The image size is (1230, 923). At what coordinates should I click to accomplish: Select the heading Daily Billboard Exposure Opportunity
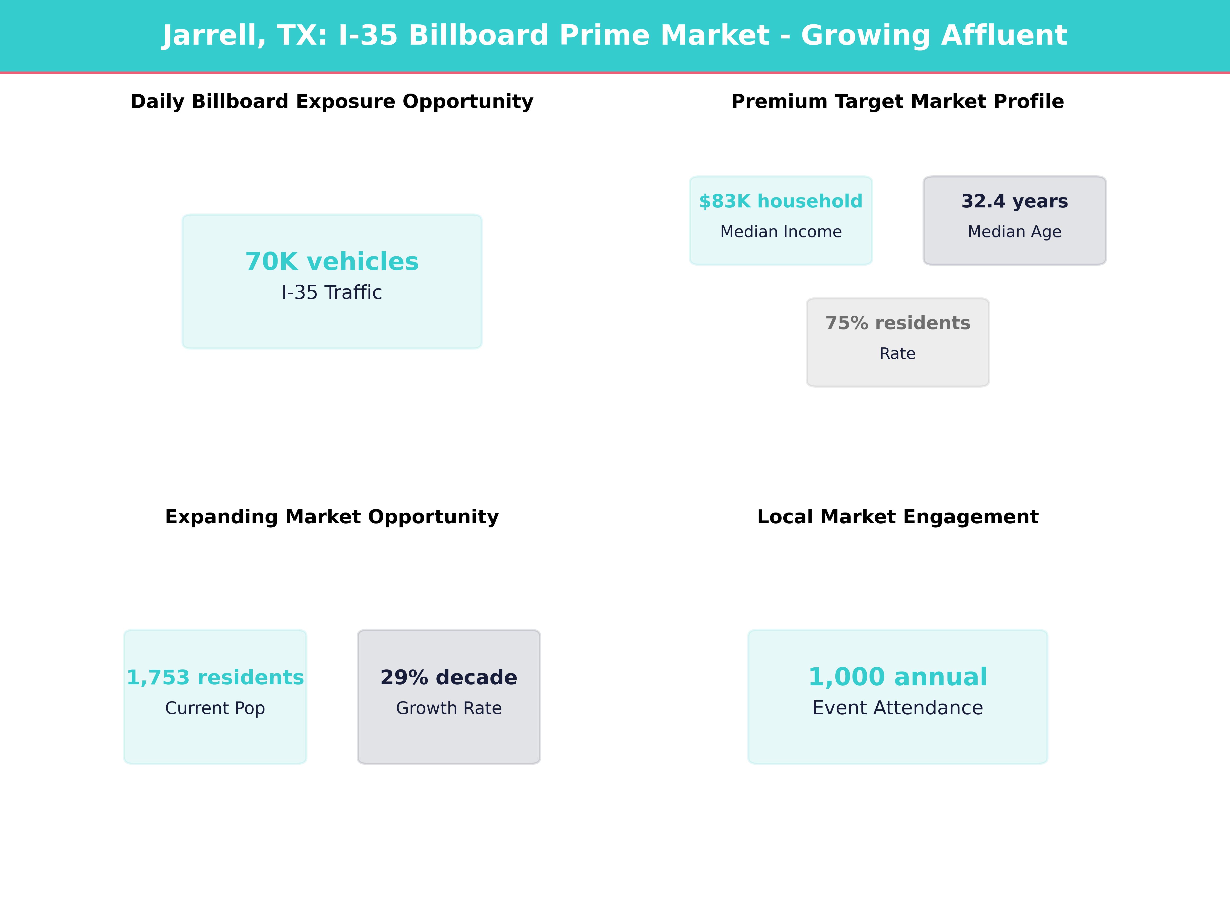pos(332,102)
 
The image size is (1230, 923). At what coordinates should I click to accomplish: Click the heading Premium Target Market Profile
pos(897,102)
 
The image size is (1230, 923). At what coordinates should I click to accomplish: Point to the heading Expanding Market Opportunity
pos(332,517)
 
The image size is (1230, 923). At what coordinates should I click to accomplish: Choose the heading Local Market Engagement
pos(897,517)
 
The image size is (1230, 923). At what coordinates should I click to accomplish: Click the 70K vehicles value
pos(332,262)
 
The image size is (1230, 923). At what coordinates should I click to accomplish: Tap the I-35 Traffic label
pos(332,293)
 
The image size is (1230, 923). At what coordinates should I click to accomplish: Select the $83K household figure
pos(781,202)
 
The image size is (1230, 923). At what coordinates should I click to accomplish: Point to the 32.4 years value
pos(1014,202)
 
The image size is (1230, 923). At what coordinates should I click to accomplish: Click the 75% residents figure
pos(897,323)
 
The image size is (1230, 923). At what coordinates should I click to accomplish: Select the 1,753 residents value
pos(215,678)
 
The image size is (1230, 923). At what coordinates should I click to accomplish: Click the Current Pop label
pos(215,708)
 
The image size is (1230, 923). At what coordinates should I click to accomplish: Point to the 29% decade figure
pos(449,678)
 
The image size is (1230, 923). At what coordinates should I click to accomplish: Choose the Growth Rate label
pos(449,708)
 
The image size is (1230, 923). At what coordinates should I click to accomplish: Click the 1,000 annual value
pos(897,677)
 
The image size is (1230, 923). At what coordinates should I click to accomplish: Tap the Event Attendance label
pos(897,708)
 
